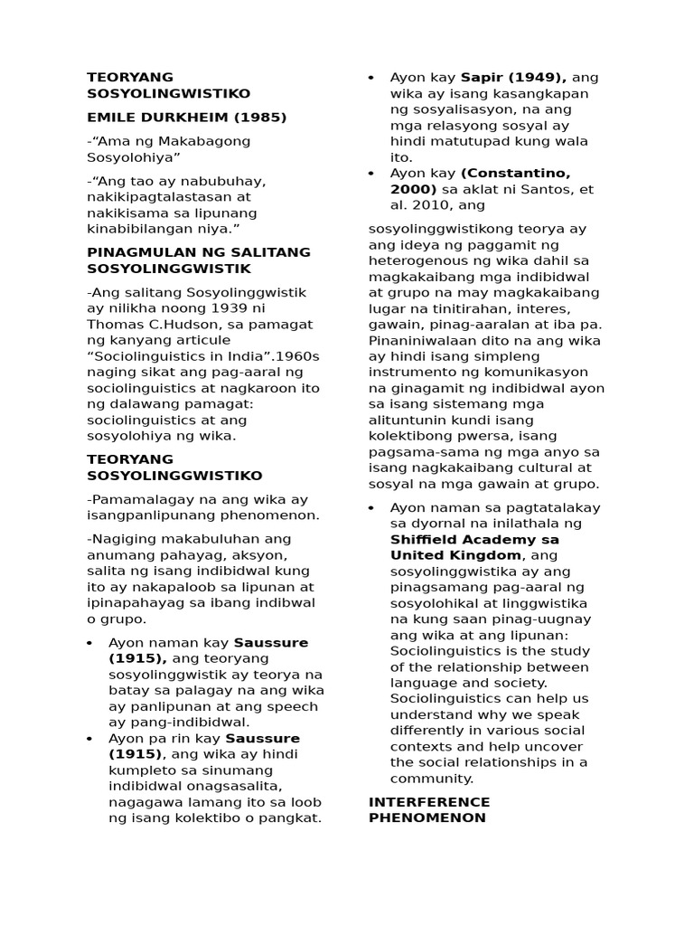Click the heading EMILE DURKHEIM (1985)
pos(186,117)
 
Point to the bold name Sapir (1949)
pos(512,77)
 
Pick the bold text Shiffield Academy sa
pos(475,539)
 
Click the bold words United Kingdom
pos(455,555)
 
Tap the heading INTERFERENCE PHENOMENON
pos(429,809)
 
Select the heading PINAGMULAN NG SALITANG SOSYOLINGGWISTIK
pos(199,260)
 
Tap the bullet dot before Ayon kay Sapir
pos(372,78)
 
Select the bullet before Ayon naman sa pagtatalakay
pos(372,507)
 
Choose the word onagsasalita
pos(230,787)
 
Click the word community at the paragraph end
pos(430,779)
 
